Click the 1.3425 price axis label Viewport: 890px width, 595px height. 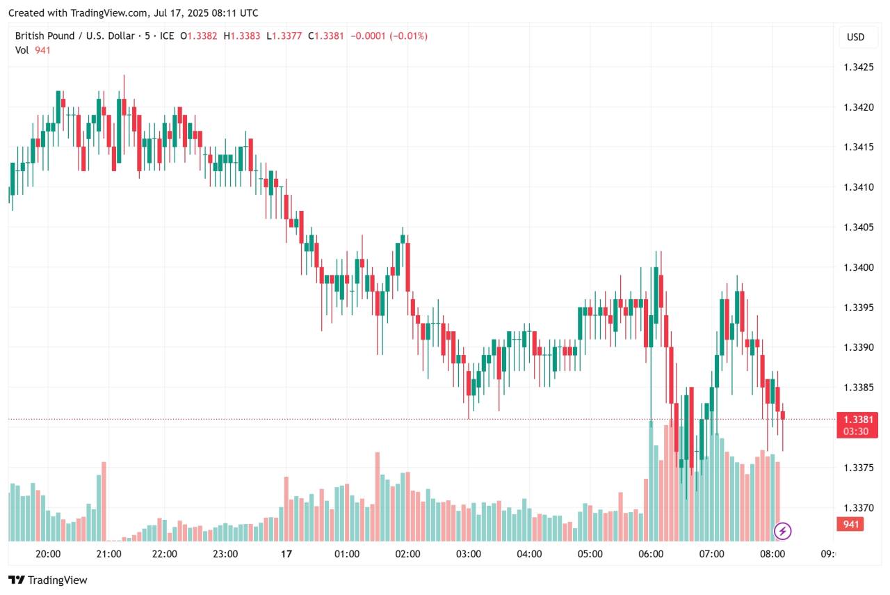coord(858,68)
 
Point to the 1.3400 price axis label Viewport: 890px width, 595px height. coord(858,267)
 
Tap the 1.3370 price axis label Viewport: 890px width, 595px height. coord(858,508)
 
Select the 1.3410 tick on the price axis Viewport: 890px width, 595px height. coord(858,187)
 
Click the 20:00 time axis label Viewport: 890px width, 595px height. coord(47,555)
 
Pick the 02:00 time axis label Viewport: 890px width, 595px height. coord(407,555)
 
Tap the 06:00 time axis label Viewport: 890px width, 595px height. coord(651,555)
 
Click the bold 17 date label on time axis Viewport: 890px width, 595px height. coord(285,555)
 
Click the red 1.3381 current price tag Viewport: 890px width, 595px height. coord(857,420)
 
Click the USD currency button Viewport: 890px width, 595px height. coord(855,37)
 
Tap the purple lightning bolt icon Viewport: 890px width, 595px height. coord(783,532)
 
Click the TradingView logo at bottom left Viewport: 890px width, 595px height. coord(48,580)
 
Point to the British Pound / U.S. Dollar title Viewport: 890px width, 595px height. coord(75,35)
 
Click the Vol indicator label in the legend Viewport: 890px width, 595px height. coord(22,50)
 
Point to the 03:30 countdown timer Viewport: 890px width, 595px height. coord(855,431)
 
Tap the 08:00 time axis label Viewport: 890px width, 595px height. coord(772,555)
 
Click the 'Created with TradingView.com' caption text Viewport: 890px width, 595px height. coord(133,13)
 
